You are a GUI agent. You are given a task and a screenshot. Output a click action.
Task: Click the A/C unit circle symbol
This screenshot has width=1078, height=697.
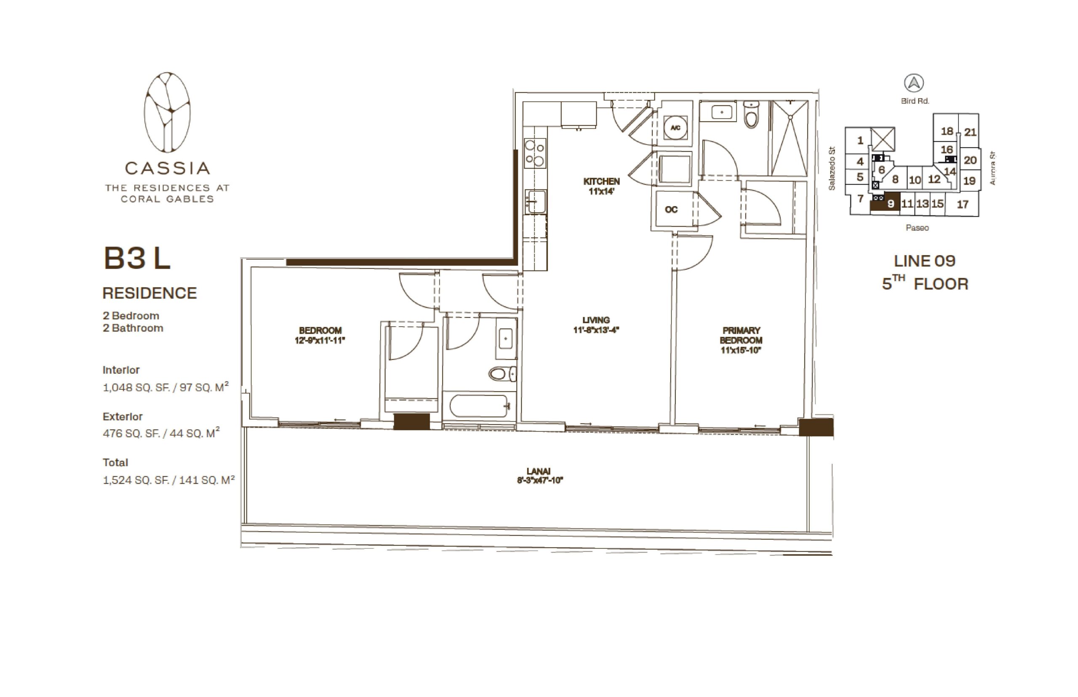[675, 128]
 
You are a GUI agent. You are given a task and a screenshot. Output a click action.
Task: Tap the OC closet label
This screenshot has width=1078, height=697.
[671, 210]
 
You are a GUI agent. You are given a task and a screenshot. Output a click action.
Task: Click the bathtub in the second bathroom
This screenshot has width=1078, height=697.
[480, 406]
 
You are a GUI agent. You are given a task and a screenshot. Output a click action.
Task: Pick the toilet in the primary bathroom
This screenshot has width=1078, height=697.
[751, 115]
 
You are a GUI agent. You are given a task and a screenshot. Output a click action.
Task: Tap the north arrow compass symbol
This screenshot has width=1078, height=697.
[914, 83]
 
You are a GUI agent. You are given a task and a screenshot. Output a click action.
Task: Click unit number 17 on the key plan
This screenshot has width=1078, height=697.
[962, 205]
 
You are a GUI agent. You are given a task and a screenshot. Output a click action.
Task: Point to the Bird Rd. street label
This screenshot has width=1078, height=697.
[915, 101]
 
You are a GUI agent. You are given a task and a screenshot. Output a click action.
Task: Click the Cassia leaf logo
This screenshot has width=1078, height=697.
[167, 112]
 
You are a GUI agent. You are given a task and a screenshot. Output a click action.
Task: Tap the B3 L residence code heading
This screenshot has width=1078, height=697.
[137, 258]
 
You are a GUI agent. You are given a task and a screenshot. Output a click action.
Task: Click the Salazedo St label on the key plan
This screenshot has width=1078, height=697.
[831, 168]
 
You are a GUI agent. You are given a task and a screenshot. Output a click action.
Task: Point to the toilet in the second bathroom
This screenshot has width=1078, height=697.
[502, 374]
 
